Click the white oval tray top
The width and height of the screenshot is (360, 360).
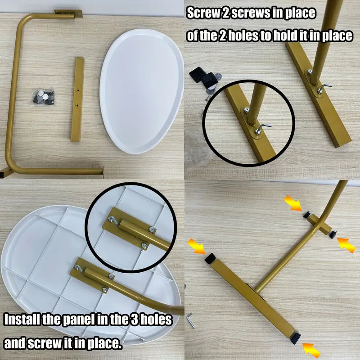(x=142, y=91)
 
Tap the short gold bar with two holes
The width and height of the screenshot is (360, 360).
(x=77, y=99)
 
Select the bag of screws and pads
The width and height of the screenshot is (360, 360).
(x=44, y=97)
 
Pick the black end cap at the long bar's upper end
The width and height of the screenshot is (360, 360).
(x=210, y=258)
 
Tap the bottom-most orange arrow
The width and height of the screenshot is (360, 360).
(x=311, y=350)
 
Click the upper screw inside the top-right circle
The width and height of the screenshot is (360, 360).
(x=247, y=110)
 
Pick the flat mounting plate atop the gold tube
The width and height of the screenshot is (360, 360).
(x=68, y=13)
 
